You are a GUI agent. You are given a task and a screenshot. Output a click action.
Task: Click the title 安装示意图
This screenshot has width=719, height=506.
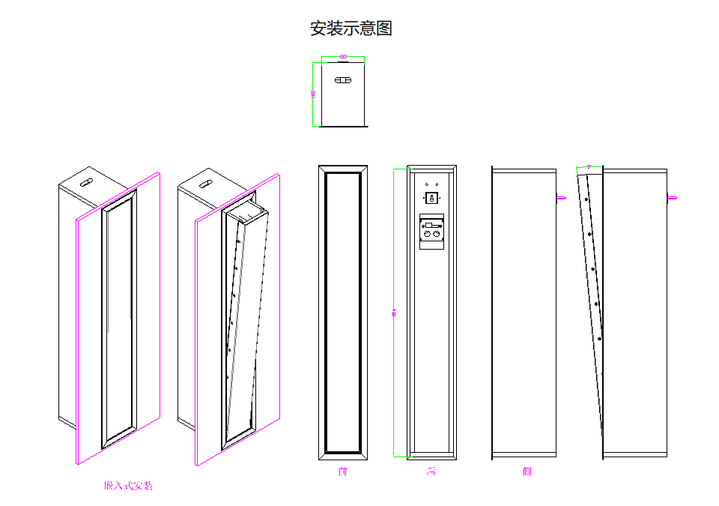[351, 29]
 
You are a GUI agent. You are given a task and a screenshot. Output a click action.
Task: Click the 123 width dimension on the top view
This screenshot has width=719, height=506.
[343, 56]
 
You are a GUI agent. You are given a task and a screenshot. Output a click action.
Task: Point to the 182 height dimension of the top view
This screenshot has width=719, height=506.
[312, 94]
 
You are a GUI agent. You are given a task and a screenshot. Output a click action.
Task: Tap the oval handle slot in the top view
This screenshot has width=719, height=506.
[343, 80]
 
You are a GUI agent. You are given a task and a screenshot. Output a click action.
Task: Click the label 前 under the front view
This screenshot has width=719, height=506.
[343, 472]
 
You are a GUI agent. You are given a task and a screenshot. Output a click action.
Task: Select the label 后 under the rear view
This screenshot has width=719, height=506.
[431, 472]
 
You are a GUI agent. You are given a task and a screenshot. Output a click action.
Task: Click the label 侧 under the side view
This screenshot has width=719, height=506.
[527, 472]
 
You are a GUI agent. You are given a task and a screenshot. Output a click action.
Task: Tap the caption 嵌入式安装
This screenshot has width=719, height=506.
[128, 486]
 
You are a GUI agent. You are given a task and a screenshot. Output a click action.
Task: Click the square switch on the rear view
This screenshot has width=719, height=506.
[431, 198]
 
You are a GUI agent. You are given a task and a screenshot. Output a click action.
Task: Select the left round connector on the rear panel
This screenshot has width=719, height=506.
[427, 235]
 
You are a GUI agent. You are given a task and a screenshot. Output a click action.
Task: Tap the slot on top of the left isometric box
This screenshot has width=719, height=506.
[85, 182]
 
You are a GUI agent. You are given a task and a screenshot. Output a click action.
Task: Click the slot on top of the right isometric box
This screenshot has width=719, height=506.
[204, 182]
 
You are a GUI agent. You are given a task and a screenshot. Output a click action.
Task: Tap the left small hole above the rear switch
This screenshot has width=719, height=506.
[426, 183]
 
